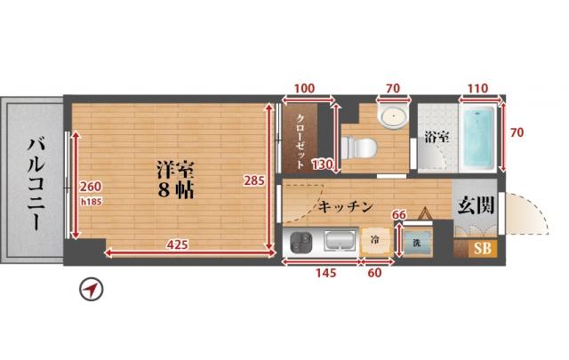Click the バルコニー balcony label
[36, 183]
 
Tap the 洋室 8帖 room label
[176, 180]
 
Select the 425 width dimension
[177, 245]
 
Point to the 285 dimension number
[254, 180]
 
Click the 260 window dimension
[91, 187]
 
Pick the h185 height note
[91, 202]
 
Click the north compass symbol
[92, 289]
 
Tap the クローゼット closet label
[301, 141]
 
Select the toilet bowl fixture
[359, 148]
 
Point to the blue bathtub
[477, 138]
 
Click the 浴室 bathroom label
[437, 137]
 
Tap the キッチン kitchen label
[346, 207]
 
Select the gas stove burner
[301, 243]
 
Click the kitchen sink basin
[340, 241]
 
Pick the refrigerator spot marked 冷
[375, 241]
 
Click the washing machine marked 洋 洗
[417, 243]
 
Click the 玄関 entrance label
[476, 205]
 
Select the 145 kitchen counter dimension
[326, 273]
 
